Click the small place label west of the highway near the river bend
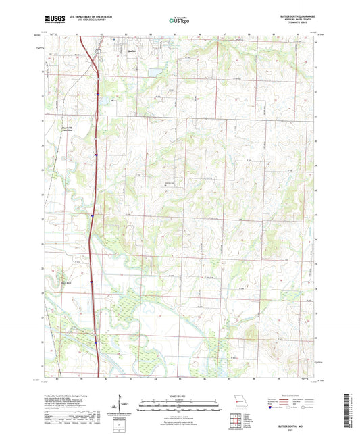click(65, 282)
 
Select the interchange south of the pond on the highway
click(99, 95)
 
